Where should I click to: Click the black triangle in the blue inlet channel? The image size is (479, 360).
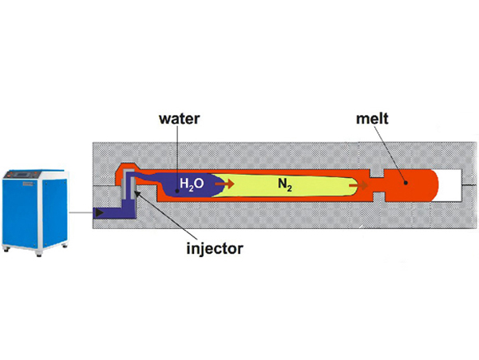pyautogui.click(x=98, y=213)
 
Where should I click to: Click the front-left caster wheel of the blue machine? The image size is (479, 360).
pyautogui.click(x=8, y=251)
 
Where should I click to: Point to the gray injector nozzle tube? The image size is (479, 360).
pyautogui.click(x=127, y=192)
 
